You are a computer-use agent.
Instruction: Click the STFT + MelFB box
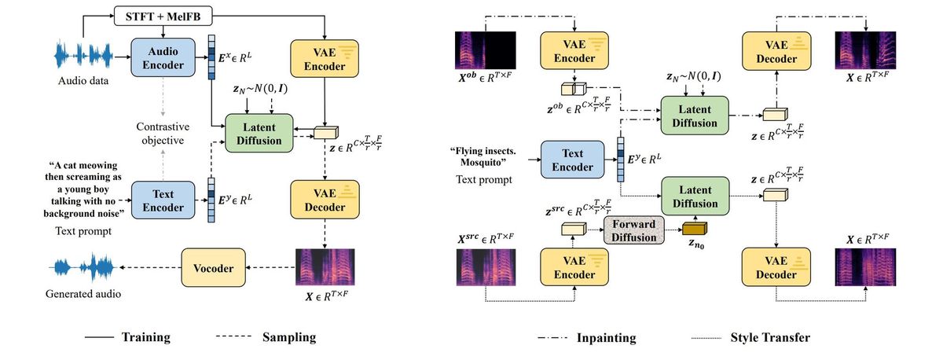163,16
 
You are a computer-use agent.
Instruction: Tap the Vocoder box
215,268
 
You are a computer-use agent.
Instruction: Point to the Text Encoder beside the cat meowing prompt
163,200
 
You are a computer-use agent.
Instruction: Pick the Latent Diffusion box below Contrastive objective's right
259,131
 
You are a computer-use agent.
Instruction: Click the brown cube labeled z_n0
695,230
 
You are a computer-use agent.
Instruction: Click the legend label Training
146,337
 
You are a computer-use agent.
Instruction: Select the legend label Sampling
289,337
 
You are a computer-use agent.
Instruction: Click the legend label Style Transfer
769,338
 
